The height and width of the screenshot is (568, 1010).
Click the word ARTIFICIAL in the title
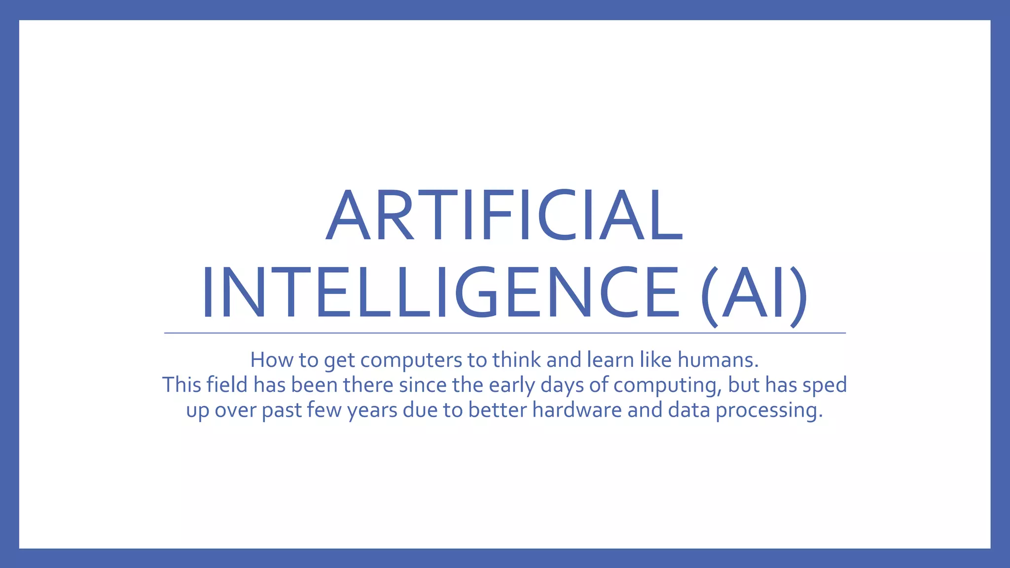[x=504, y=216]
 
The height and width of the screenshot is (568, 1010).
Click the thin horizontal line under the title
[x=505, y=333]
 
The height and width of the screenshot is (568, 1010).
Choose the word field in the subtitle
[x=227, y=385]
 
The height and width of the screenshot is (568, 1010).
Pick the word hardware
[x=577, y=410]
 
